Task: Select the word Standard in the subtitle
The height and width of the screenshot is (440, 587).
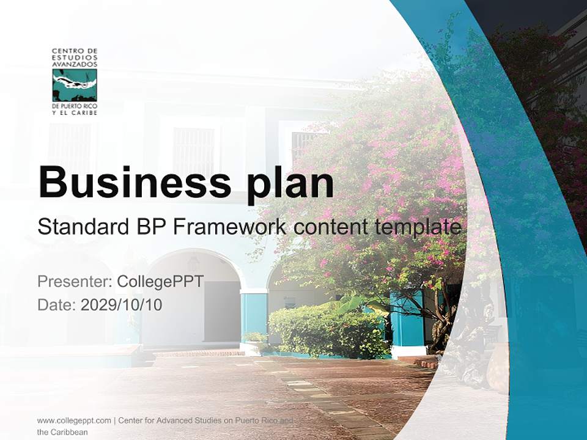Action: (x=83, y=227)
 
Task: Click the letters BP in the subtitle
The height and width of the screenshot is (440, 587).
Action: (x=150, y=227)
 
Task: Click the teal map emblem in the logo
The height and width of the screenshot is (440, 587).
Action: (x=75, y=85)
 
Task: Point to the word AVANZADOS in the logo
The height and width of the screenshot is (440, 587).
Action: (x=75, y=64)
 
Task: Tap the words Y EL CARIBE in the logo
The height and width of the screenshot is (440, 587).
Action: (x=75, y=112)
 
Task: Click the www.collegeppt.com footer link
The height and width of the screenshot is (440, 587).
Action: (x=74, y=420)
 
